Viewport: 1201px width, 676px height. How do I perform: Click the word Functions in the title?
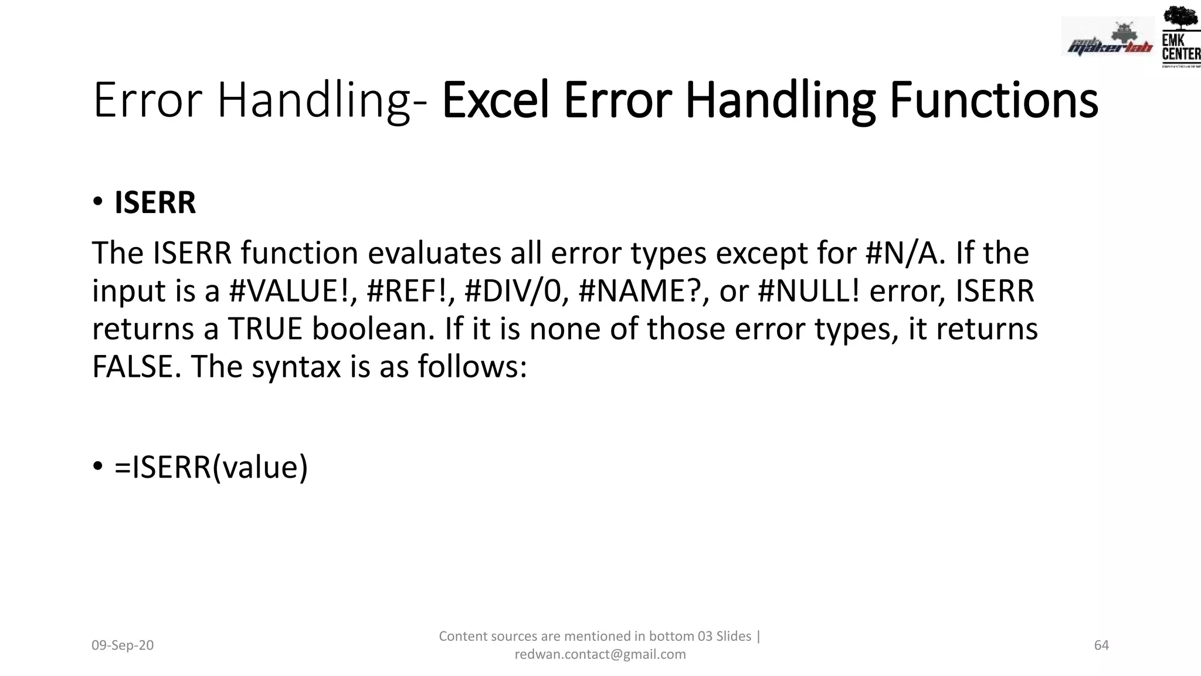[x=993, y=100]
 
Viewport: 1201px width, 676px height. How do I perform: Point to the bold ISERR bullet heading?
[x=155, y=203]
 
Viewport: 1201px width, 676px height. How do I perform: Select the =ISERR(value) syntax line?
[x=211, y=468]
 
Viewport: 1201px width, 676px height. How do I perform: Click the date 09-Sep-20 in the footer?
[x=123, y=645]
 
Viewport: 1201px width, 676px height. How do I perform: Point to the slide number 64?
[x=1101, y=645]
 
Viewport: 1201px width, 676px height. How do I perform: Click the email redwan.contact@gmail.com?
[x=600, y=654]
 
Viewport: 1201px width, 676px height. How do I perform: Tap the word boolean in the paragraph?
[x=374, y=329]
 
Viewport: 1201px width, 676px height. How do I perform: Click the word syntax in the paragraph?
[x=296, y=368]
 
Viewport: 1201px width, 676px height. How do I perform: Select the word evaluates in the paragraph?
[x=434, y=253]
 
